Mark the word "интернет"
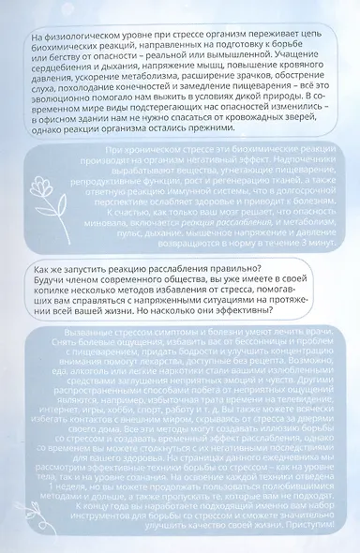coord(51,434)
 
